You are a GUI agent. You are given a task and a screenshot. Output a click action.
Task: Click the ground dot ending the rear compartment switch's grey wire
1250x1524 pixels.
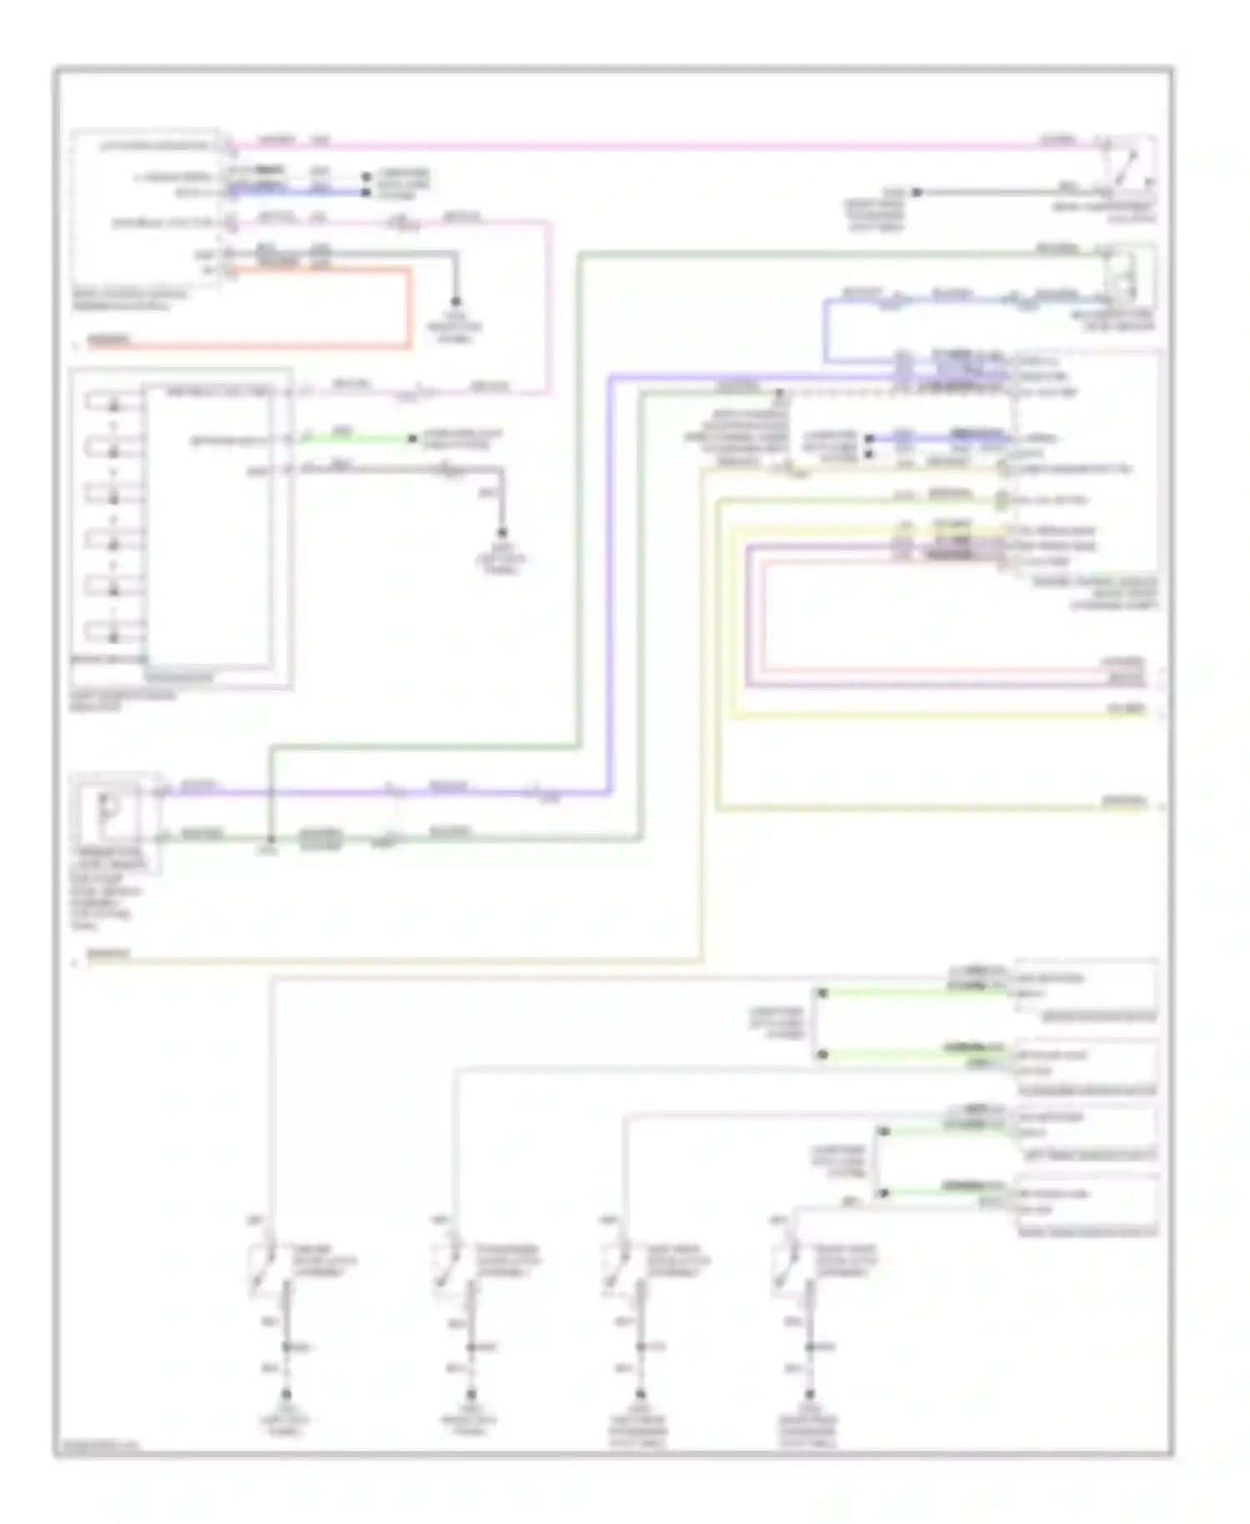[916, 193]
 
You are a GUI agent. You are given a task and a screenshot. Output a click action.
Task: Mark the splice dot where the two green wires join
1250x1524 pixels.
[271, 839]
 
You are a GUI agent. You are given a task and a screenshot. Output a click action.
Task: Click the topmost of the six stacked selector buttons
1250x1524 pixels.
[113, 405]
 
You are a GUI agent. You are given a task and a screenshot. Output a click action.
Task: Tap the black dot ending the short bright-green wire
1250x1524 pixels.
[412, 439]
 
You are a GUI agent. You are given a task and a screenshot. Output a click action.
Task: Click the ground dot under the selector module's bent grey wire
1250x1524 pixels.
[502, 534]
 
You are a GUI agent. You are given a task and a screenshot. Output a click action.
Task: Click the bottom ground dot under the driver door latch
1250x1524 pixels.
[286, 1395]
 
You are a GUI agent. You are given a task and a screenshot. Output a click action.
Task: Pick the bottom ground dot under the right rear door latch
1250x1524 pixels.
[808, 1395]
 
